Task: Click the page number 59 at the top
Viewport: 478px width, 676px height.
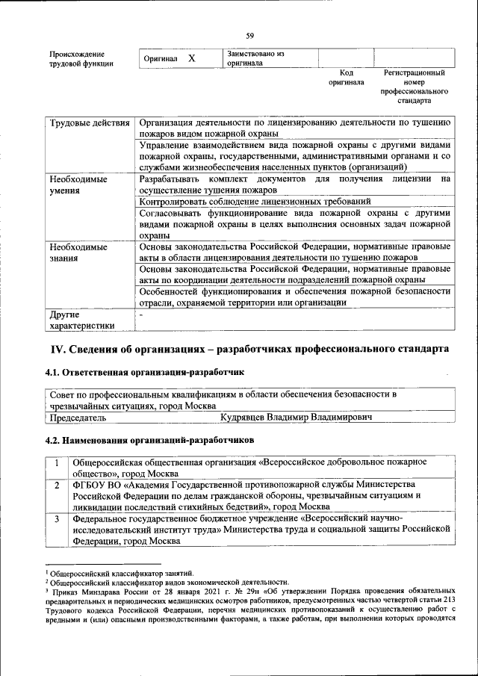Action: pyautogui.click(x=249, y=35)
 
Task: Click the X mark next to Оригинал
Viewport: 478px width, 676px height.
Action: pyautogui.click(x=191, y=58)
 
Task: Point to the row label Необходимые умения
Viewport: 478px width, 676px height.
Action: pyautogui.click(x=78, y=185)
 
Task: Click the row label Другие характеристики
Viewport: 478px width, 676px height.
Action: pyautogui.click(x=81, y=319)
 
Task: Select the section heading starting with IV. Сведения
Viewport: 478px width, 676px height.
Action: pyautogui.click(x=249, y=349)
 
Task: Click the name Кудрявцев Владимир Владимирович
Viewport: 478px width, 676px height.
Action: pyautogui.click(x=297, y=418)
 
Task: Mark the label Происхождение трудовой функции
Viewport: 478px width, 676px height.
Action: pyautogui.click(x=81, y=59)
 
